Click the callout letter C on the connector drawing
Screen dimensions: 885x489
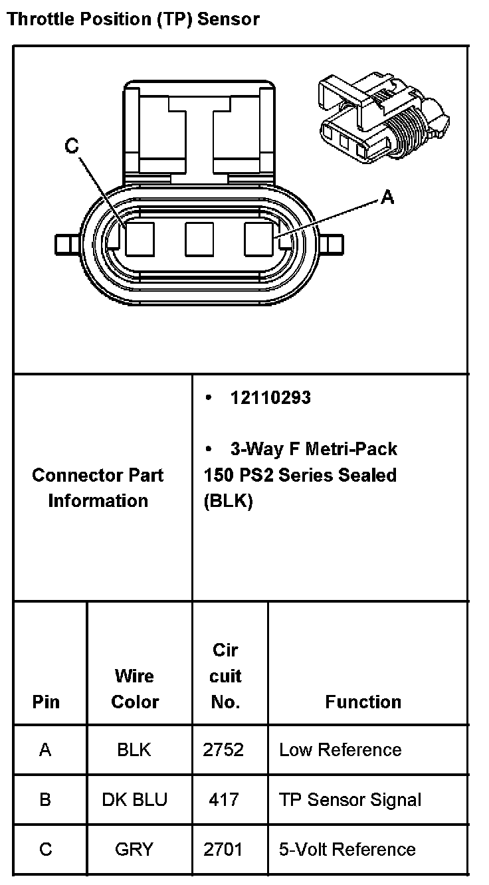coord(72,146)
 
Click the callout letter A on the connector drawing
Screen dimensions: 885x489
coord(387,197)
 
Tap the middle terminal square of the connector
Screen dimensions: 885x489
coord(199,239)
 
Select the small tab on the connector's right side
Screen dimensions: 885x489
coord(335,245)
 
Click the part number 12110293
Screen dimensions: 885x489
coord(270,398)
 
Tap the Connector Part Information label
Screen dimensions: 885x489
coord(98,488)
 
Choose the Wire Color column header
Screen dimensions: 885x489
coord(135,689)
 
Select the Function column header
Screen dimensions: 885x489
coord(363,702)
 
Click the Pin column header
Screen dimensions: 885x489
coord(46,702)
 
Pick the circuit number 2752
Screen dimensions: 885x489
coord(223,750)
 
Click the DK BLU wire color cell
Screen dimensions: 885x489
coord(135,799)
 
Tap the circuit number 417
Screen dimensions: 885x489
coord(223,799)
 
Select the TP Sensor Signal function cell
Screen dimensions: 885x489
coord(350,799)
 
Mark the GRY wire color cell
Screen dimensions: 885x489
coord(134,849)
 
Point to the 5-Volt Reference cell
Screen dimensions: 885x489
coord(347,849)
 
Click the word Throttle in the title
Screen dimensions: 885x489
coord(41,19)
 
